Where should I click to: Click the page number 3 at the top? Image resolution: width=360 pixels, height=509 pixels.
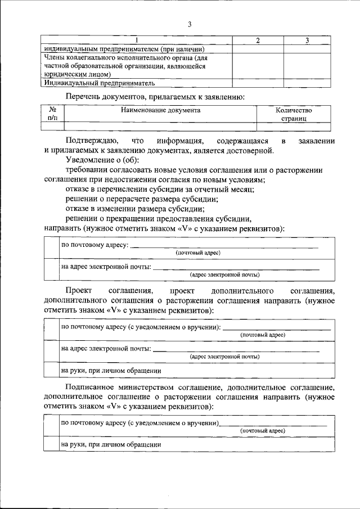(190, 24)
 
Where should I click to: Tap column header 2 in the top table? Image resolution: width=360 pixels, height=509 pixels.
(258, 40)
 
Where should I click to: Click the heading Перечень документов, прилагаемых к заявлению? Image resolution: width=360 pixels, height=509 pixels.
(155, 97)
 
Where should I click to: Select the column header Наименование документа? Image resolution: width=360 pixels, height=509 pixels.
(160, 110)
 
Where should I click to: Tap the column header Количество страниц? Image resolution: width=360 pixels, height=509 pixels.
(294, 115)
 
